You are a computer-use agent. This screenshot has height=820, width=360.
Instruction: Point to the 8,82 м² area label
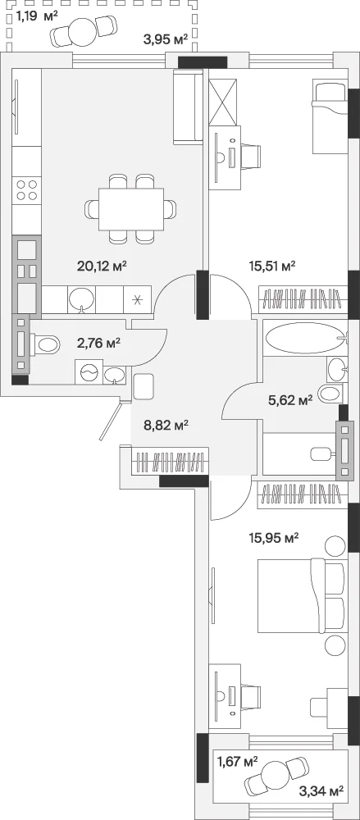pos(166,425)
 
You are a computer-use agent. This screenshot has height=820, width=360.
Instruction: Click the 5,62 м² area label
pos(289,401)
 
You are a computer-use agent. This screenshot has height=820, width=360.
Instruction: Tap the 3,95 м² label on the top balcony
pos(166,39)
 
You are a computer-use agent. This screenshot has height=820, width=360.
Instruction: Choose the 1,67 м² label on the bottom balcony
pos(238,762)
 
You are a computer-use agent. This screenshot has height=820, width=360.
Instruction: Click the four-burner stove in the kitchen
pos(27,190)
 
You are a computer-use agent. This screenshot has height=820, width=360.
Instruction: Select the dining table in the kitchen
pos(131,209)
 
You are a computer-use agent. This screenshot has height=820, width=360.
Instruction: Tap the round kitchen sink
pos(82,299)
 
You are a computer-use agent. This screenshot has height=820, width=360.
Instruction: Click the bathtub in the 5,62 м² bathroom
pos(304,339)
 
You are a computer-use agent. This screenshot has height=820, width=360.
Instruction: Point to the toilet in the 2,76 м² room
pos(46,344)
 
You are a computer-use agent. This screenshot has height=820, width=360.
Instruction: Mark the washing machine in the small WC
pos(89,371)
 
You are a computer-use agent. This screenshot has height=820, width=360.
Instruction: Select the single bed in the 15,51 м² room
pos(330,116)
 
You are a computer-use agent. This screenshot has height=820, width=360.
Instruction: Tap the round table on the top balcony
pos(82,30)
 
